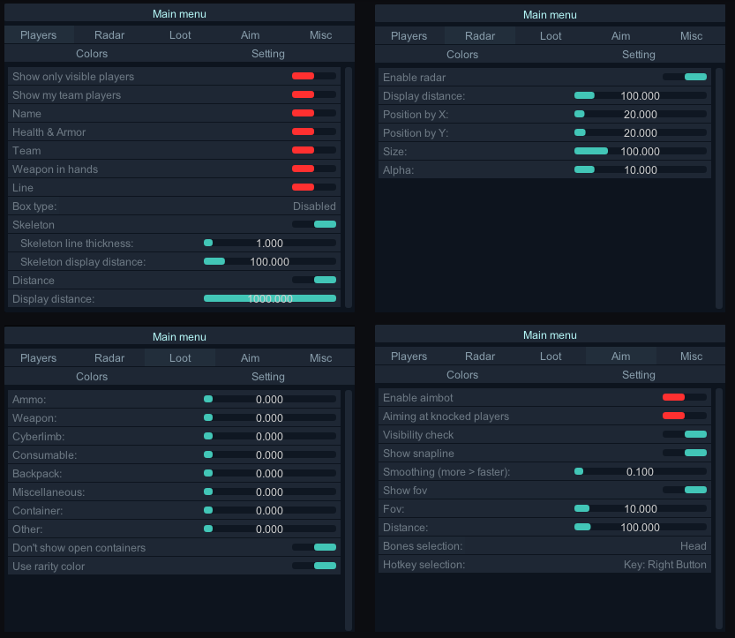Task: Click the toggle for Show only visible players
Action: coord(313,77)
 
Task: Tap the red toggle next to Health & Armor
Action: coord(313,132)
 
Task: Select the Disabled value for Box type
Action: coord(314,206)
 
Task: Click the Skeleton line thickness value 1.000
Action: coord(269,244)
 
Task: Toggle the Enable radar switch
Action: coord(685,78)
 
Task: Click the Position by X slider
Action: coord(640,115)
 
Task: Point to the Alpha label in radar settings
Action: coord(398,170)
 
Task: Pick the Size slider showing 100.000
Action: coord(640,152)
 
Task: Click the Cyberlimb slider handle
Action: coord(208,437)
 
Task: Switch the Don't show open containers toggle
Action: coord(314,548)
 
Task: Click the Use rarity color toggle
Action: coord(314,567)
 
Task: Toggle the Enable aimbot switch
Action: coord(685,398)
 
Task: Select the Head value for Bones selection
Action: coord(693,546)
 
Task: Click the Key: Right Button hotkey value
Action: coord(665,565)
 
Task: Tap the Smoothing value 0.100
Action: coord(640,472)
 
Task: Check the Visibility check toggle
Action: coord(685,435)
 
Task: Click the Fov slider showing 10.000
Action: coord(640,509)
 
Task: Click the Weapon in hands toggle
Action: coord(313,169)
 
